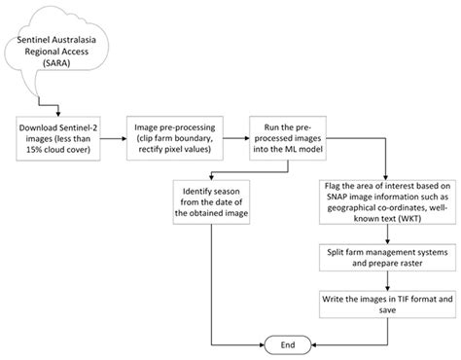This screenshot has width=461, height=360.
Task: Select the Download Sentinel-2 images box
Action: click(x=59, y=136)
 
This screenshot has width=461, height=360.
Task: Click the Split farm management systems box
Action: click(x=375, y=262)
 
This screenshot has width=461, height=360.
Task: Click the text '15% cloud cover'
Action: click(x=60, y=149)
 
